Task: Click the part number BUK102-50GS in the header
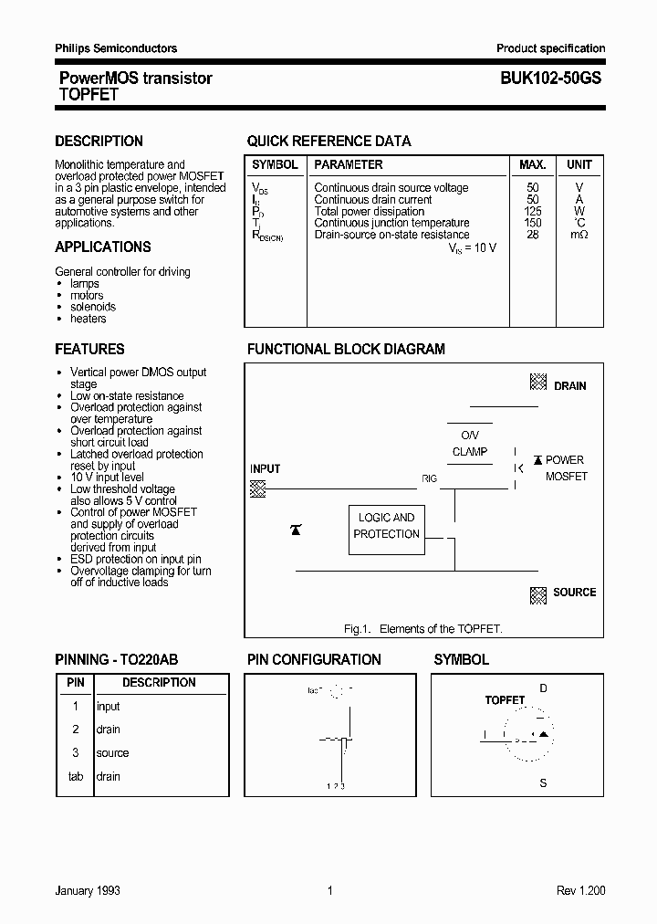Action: click(x=550, y=79)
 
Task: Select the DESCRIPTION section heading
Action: click(x=99, y=142)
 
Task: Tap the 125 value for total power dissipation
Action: click(x=533, y=211)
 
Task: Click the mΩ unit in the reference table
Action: click(x=579, y=235)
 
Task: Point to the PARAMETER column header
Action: click(x=348, y=165)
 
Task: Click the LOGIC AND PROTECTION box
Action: click(x=386, y=526)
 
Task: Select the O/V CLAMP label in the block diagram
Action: click(x=470, y=444)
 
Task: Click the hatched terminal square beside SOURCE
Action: click(x=538, y=594)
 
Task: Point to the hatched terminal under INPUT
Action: click(x=258, y=488)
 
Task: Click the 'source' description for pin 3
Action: click(x=112, y=753)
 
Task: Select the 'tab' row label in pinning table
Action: click(x=76, y=777)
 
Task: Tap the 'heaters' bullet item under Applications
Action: click(x=88, y=319)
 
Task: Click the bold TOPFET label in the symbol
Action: click(x=505, y=700)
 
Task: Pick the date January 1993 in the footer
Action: click(x=88, y=890)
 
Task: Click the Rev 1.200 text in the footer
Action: click(x=580, y=890)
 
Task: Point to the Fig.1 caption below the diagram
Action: click(x=422, y=629)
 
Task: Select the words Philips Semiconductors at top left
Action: click(x=116, y=48)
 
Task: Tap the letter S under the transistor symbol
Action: click(x=543, y=783)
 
